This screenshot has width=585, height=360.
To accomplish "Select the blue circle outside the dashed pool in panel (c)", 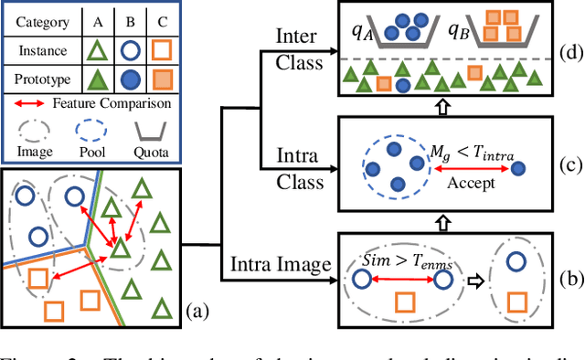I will [x=518, y=168].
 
